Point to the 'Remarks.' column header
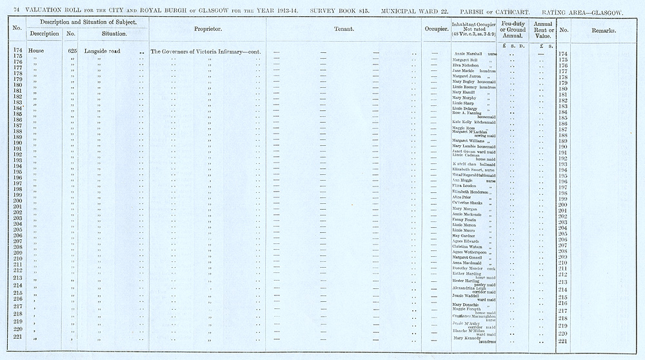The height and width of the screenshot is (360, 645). [x=603, y=30]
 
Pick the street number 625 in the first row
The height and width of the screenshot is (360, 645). [x=72, y=50]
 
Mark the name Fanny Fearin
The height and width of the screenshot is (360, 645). [x=464, y=218]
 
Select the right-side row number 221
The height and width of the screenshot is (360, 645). [x=564, y=341]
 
